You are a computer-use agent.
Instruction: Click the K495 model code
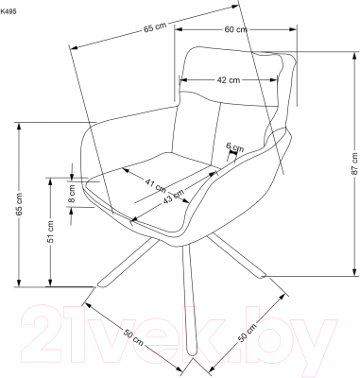tap(9, 12)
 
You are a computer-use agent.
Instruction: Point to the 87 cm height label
tap(354, 163)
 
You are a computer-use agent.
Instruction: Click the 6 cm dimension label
tap(235, 146)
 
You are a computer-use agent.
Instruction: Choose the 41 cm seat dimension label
tap(155, 185)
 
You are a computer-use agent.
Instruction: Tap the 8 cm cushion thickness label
tap(72, 194)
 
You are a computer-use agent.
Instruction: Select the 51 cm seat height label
tap(51, 232)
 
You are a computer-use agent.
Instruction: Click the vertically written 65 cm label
tap(19, 204)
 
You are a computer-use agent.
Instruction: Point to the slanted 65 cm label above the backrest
tap(155, 27)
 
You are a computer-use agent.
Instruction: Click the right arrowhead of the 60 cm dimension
tap(293, 29)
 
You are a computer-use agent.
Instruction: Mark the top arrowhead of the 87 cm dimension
tap(354, 55)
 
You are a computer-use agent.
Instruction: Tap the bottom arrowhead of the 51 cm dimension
tap(50, 283)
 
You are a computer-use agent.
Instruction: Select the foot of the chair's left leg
tap(102, 284)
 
